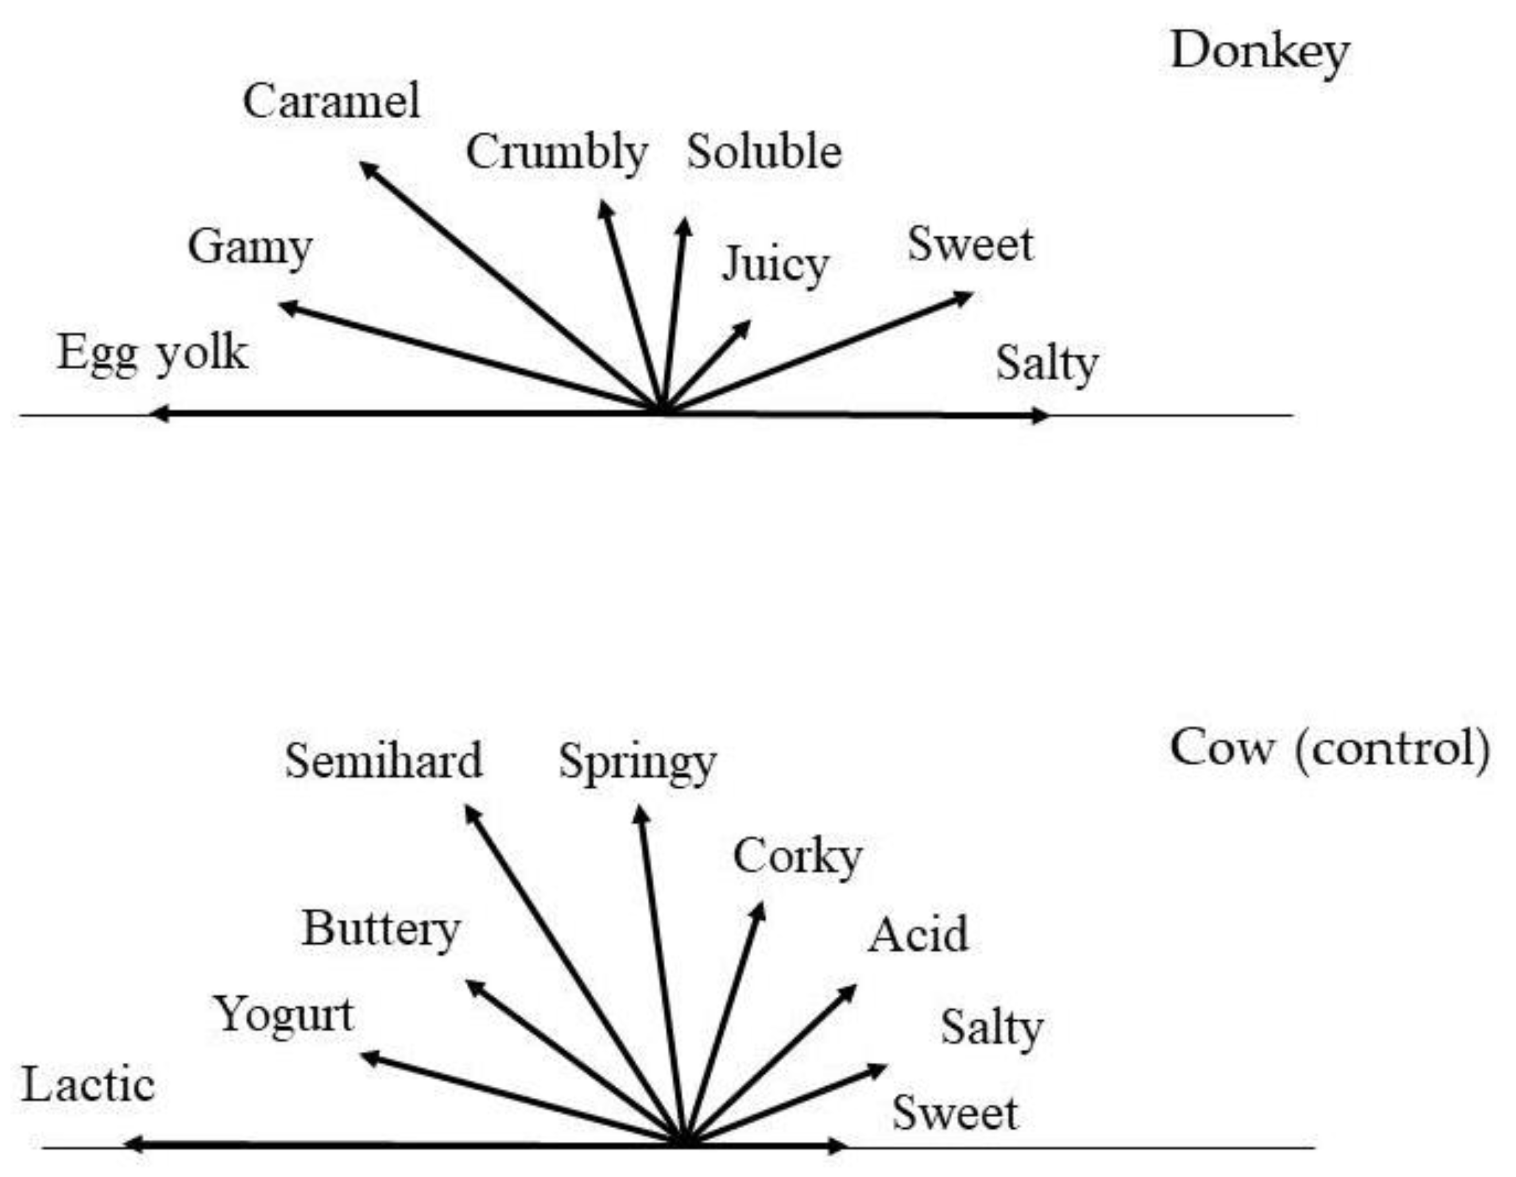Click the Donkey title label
(1259, 53)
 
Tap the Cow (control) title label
(1329, 749)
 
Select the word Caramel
(331, 101)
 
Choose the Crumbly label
(556, 153)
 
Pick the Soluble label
(764, 152)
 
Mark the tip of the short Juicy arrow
(745, 326)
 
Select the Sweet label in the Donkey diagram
(970, 245)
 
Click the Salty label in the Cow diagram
(991, 1029)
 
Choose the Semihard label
(383, 761)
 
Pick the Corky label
(798, 858)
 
